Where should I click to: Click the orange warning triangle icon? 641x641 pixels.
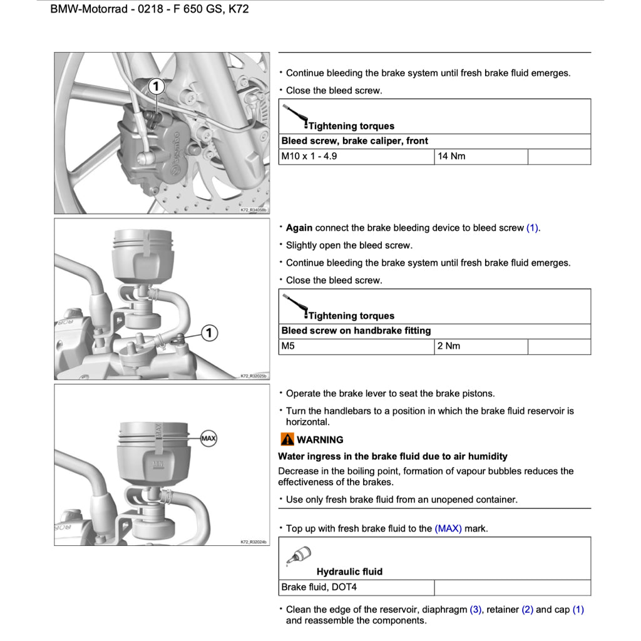(x=287, y=439)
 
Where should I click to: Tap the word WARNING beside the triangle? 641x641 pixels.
(x=320, y=440)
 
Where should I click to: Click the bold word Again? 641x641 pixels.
(x=299, y=228)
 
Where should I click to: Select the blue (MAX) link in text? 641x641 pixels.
(x=448, y=529)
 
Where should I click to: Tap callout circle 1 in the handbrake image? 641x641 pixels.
(x=210, y=333)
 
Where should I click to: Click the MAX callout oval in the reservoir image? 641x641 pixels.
(x=208, y=439)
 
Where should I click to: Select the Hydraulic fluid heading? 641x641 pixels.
(x=349, y=572)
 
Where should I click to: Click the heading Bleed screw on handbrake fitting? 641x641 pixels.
(x=356, y=331)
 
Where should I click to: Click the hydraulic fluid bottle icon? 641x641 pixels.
(x=298, y=555)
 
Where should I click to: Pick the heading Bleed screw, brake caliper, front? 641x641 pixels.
(x=354, y=141)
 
